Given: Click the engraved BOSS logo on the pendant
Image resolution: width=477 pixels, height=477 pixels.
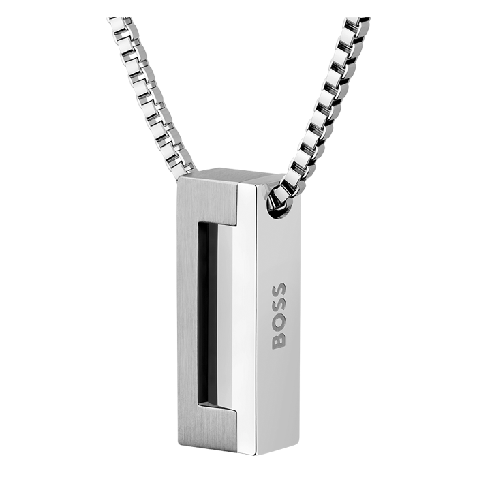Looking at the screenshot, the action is pyautogui.click(x=279, y=316).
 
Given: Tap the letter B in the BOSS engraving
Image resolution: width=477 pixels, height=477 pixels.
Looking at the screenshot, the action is pyautogui.click(x=279, y=341).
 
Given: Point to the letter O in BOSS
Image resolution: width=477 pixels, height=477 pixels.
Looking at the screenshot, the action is pyautogui.click(x=279, y=324).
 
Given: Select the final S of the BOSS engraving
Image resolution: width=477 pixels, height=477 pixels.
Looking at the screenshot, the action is pyautogui.click(x=279, y=290).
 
